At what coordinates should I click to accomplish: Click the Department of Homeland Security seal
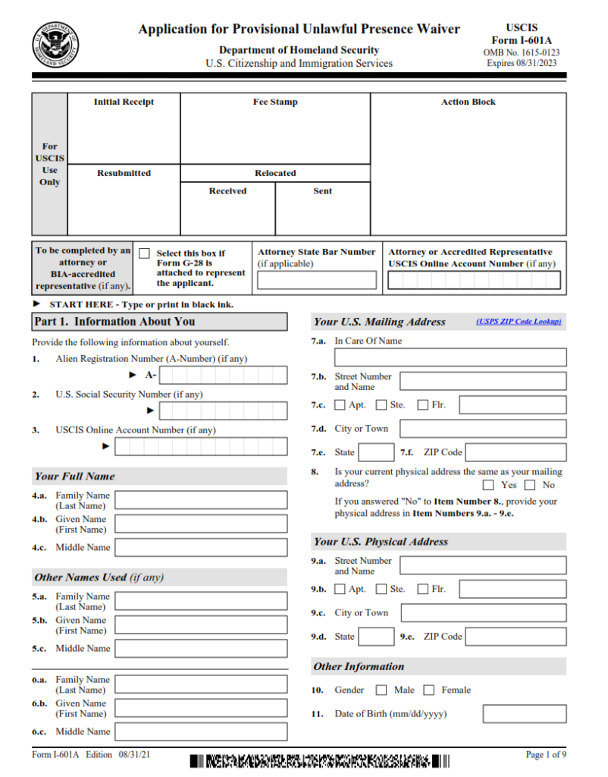[55, 45]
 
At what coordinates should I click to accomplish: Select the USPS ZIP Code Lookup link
[519, 322]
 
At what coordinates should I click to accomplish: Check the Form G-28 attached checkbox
[144, 253]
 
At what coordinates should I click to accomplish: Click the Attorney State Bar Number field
[316, 280]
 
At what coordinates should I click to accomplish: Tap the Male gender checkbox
[381, 690]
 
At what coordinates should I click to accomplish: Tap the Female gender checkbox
[428, 690]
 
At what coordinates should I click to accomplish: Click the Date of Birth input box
[524, 714]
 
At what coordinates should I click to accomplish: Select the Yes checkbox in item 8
[488, 485]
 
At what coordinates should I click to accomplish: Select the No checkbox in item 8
[530, 485]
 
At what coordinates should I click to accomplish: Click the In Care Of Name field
[450, 357]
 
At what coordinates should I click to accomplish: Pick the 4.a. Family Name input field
[201, 500]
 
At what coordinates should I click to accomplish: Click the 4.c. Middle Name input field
[201, 547]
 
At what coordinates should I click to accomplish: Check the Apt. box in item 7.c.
[340, 404]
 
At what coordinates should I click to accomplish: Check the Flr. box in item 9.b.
[422, 589]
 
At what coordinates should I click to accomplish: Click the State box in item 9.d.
[376, 637]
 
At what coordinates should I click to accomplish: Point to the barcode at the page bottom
[319, 760]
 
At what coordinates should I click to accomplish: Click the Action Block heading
[468, 102]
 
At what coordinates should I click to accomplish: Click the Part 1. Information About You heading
[114, 322]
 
